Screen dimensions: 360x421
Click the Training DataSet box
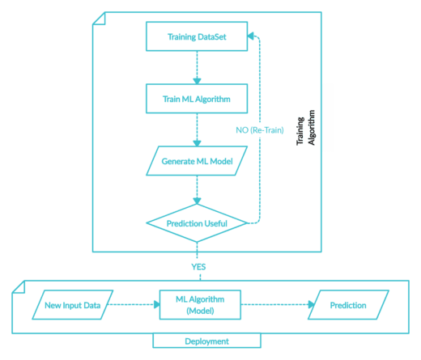point(196,37)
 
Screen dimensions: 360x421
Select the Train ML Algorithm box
point(196,99)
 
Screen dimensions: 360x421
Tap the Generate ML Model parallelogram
point(196,161)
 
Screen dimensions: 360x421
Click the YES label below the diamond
point(196,265)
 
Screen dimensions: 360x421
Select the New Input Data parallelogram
point(72,305)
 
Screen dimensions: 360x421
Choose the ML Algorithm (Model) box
point(199,305)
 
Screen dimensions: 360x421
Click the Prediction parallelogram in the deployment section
point(348,305)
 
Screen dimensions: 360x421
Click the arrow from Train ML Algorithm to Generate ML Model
point(196,129)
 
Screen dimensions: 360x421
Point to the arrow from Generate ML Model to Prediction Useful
point(196,191)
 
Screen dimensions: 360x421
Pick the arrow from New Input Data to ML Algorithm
point(134,305)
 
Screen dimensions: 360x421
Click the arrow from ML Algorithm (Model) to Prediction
point(275,305)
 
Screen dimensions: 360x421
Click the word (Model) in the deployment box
point(199,311)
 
